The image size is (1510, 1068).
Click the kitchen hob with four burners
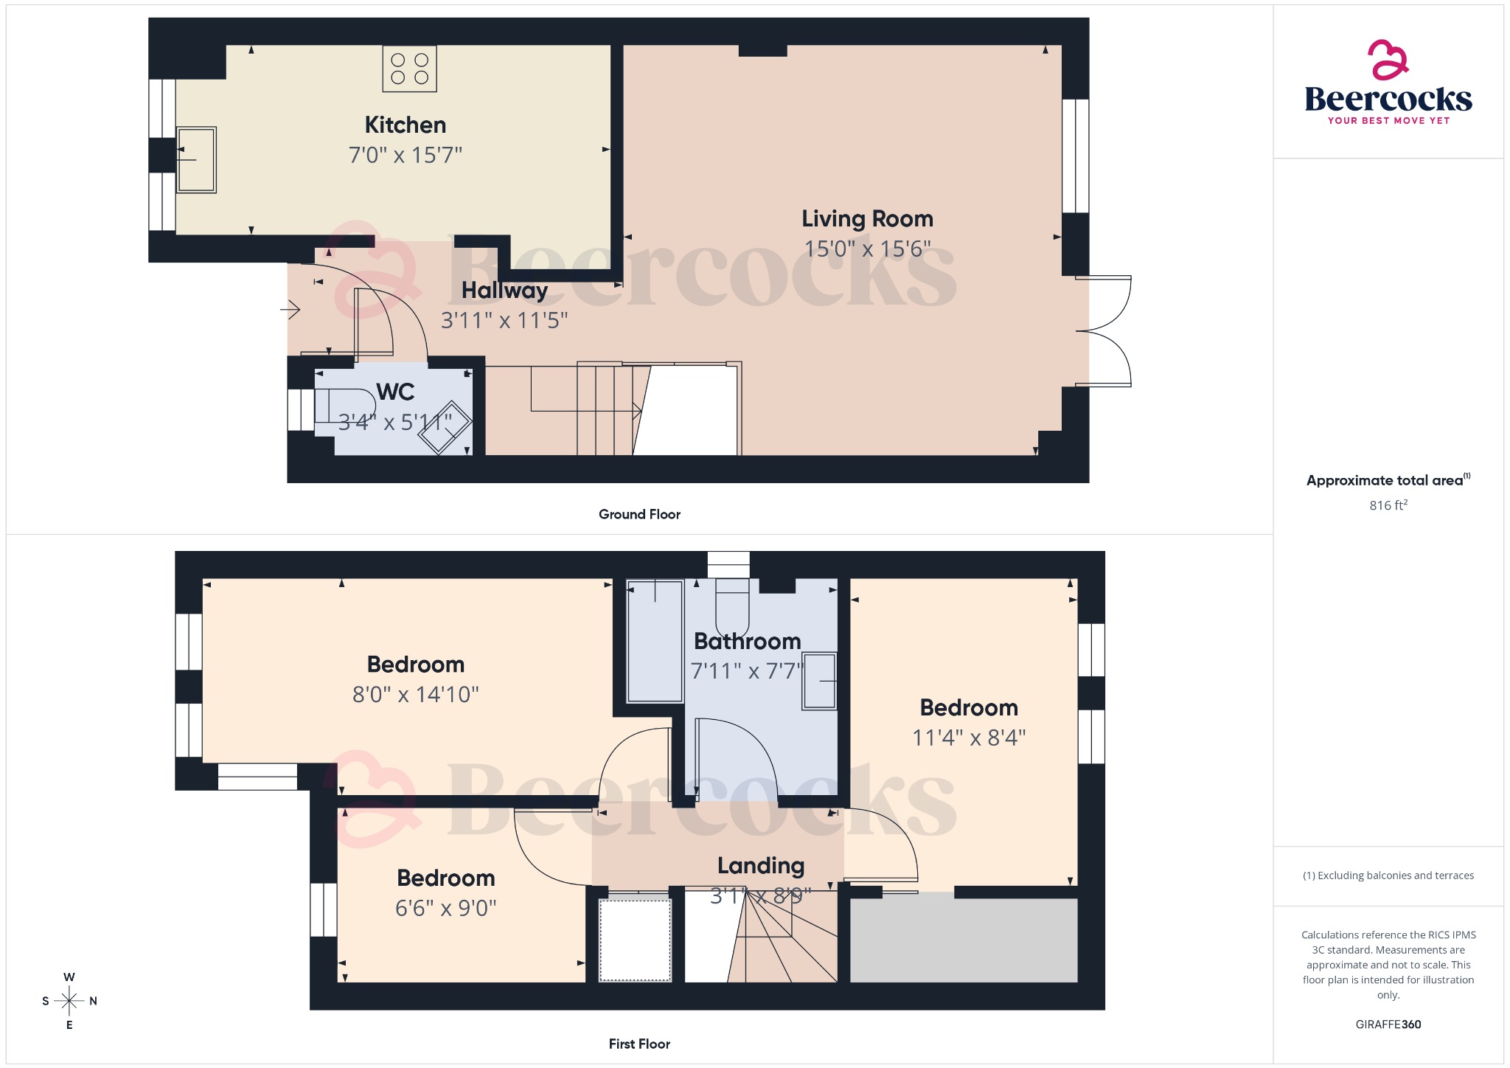pos(409,69)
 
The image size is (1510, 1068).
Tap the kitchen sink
pos(196,159)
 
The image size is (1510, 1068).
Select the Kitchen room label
pos(406,125)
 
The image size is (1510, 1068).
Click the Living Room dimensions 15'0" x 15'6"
pos(867,249)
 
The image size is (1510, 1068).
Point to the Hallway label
pos(504,291)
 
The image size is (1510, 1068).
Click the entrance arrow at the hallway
pos(290,309)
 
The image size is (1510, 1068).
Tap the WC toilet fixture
pos(344,405)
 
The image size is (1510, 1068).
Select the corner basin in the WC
pos(445,428)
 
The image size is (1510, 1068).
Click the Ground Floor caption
pos(639,514)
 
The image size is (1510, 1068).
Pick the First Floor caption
pos(639,1044)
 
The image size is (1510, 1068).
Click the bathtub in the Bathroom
pos(654,641)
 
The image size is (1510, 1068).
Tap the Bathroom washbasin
pos(819,681)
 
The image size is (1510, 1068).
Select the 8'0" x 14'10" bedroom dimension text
pos(416,694)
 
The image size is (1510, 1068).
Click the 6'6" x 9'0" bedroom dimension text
pos(446,908)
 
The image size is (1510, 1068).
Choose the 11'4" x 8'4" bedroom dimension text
pos(969,738)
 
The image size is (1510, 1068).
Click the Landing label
pos(761,865)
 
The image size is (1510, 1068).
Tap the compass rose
pos(69,1001)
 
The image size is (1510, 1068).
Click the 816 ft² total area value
pos(1388,505)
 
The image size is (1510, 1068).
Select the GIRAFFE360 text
pos(1388,1024)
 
